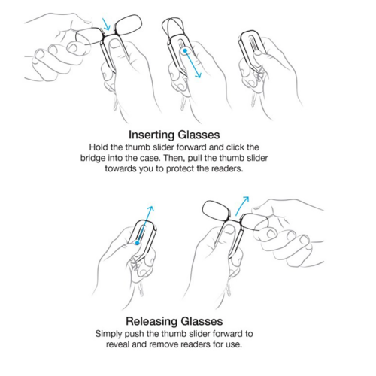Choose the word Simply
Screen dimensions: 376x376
[111, 334]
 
